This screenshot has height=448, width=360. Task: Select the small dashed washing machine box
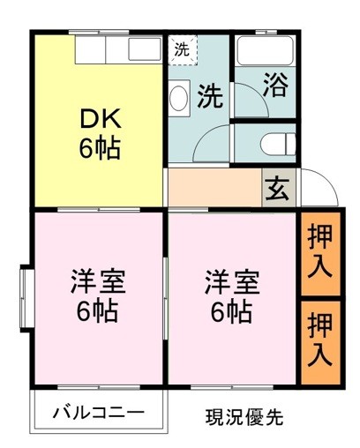[181, 50]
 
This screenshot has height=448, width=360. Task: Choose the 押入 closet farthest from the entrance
[319, 340]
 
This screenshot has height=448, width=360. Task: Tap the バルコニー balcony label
[98, 412]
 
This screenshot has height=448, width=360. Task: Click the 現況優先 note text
[244, 415]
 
